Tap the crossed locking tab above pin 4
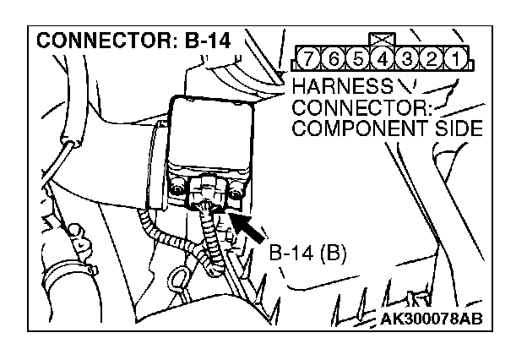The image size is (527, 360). tap(381, 39)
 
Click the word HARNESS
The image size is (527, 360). tap(341, 85)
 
